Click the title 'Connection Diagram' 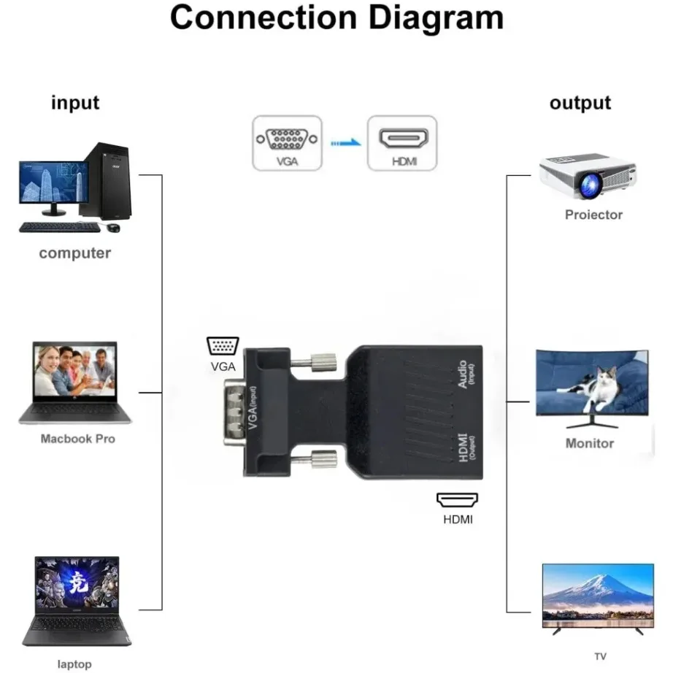pos(336,18)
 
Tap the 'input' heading pos(75,102)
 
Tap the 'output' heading pos(580,102)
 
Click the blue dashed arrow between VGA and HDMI pos(345,143)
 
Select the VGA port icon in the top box pos(287,138)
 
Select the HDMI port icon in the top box pos(402,138)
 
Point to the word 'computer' pos(74,253)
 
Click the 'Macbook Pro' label pos(77,439)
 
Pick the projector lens pos(589,184)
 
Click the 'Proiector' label pos(593,215)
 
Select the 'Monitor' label pos(590,443)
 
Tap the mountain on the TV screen pos(597,588)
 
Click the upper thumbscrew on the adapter pos(320,360)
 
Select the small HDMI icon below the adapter pos(458,500)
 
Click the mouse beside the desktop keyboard pos(113,228)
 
